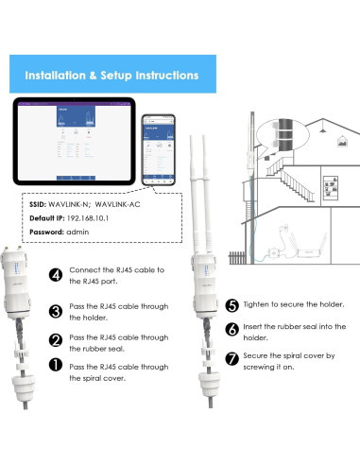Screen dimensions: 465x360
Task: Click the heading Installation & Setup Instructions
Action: point(111,75)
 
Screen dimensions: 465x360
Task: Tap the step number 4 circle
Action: point(57,275)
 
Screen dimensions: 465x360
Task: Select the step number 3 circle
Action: point(57,310)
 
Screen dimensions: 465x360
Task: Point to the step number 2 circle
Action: point(57,339)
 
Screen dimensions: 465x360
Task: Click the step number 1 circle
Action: point(57,369)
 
